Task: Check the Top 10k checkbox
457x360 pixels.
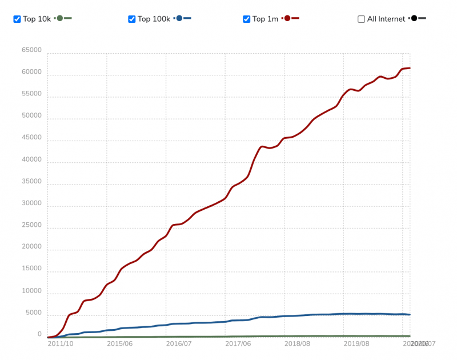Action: coord(18,19)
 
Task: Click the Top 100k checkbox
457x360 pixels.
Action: coord(132,19)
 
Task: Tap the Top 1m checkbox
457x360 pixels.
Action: coord(247,19)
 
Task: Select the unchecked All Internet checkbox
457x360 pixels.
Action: coord(361,19)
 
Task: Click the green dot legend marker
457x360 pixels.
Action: coord(59,18)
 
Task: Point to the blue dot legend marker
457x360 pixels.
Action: coord(179,18)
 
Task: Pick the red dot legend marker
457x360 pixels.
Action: coord(287,18)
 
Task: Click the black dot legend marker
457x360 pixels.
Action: coord(413,18)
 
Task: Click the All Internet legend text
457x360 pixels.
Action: coord(386,19)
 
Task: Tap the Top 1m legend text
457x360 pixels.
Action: coord(266,19)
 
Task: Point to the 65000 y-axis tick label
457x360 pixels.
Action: coord(31,51)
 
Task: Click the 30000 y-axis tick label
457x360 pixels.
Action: coord(31,203)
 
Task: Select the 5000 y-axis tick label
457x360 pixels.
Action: coord(33,313)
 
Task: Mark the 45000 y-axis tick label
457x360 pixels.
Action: coord(31,138)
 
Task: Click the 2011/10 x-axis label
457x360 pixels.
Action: coord(60,343)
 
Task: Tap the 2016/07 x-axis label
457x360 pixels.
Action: coord(178,343)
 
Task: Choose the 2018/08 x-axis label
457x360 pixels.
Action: coord(296,343)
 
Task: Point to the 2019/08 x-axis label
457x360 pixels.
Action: coord(356,343)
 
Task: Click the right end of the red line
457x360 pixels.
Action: coord(410,68)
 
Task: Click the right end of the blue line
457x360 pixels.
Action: coord(410,314)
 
